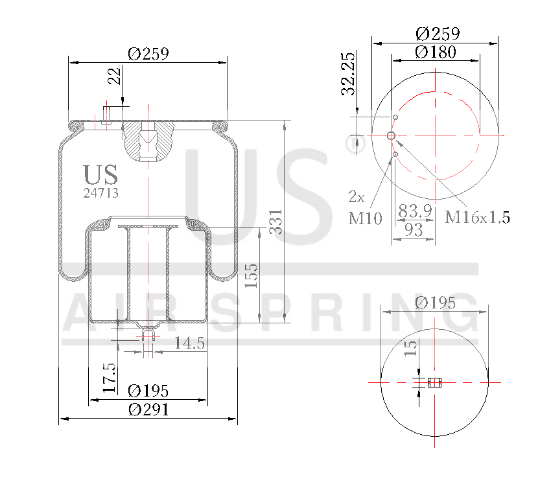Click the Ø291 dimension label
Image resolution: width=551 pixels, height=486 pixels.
(x=148, y=410)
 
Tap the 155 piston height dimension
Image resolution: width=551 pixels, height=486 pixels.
(x=252, y=275)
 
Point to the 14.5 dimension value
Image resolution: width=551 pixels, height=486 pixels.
(x=189, y=343)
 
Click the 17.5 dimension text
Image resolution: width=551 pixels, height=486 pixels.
(x=110, y=378)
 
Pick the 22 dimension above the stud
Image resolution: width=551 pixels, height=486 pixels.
(x=115, y=77)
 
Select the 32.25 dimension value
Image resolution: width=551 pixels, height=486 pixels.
(x=349, y=73)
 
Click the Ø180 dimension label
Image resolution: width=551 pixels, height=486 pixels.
(x=436, y=52)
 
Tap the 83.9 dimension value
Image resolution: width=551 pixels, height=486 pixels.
(x=415, y=211)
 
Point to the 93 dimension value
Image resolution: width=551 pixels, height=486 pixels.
(x=413, y=229)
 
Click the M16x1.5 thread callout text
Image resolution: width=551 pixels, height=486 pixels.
(x=477, y=217)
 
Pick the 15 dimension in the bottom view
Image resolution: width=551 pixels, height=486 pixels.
(x=410, y=349)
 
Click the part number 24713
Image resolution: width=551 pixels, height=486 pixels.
(x=100, y=192)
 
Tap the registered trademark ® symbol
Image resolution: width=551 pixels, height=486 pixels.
(x=352, y=145)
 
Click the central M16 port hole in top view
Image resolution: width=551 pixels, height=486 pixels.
(x=391, y=135)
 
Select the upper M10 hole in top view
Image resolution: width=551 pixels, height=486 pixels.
(x=395, y=117)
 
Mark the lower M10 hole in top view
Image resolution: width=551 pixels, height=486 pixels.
(x=395, y=154)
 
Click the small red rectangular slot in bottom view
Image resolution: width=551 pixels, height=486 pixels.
(x=434, y=382)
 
